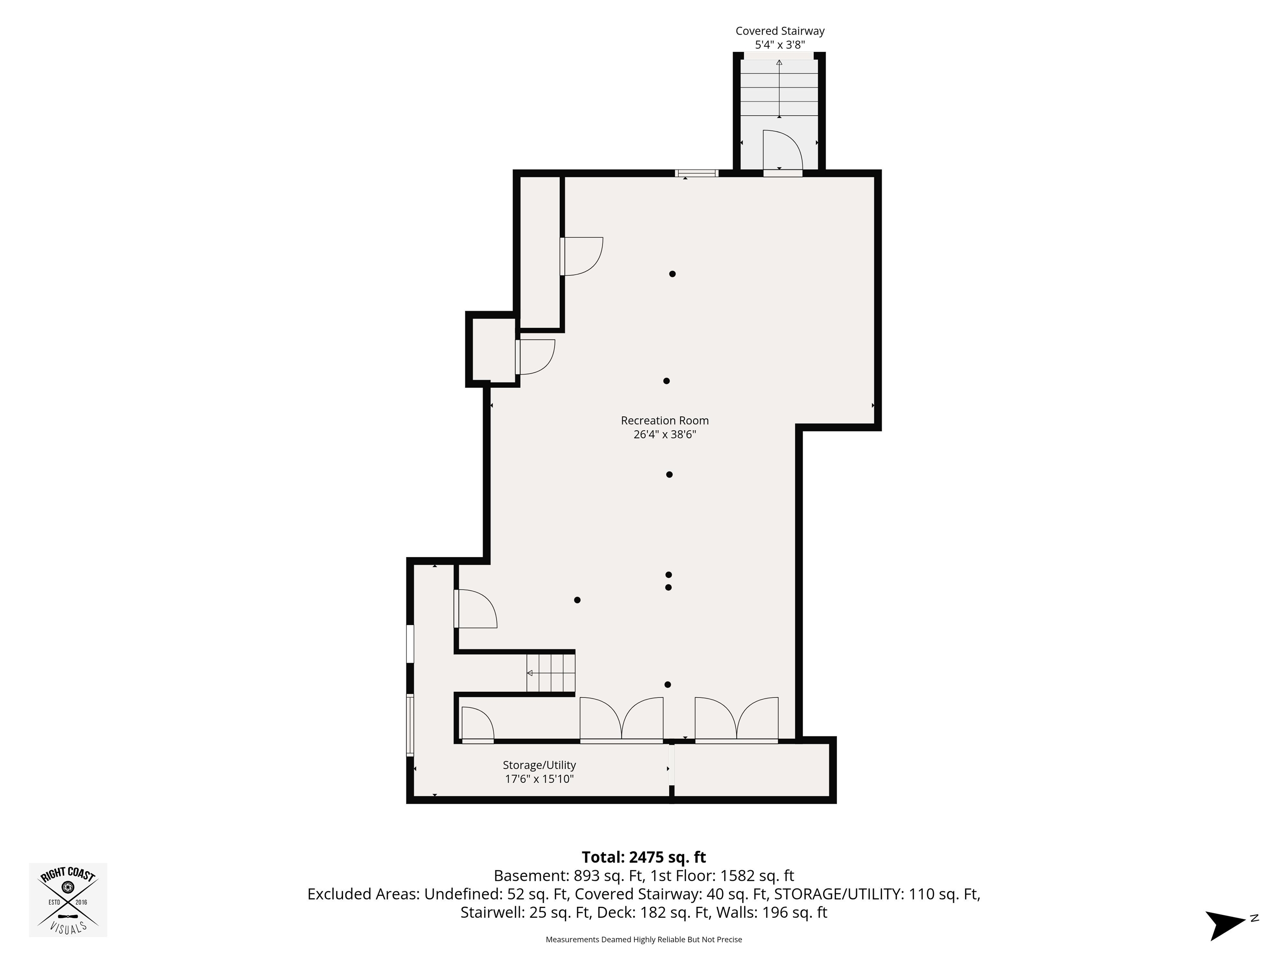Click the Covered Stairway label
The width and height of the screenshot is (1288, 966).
(x=780, y=31)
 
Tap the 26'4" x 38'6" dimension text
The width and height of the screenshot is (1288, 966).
(x=665, y=434)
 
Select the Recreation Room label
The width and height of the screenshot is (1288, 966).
(x=665, y=421)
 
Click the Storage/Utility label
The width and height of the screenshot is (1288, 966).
(x=539, y=765)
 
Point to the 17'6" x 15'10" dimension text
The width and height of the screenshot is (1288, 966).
(x=539, y=779)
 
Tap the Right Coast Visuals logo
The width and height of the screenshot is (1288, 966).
(x=68, y=900)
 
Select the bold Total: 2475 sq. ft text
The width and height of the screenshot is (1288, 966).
(x=644, y=857)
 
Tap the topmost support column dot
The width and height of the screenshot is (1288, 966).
(x=672, y=274)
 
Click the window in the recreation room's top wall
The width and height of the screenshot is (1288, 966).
(x=696, y=173)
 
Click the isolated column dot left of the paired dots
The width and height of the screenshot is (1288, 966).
(x=577, y=600)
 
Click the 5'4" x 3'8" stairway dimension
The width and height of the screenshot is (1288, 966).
(x=780, y=45)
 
